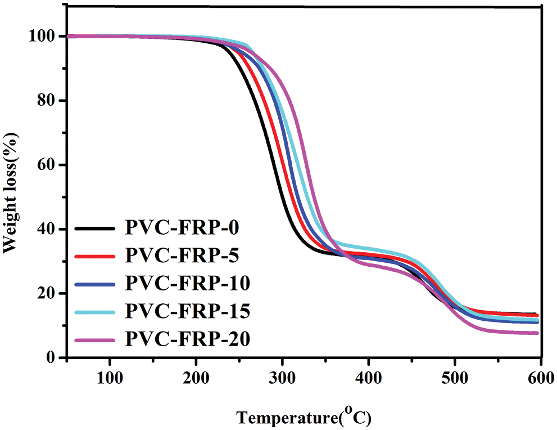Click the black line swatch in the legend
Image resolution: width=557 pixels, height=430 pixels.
coord(96,229)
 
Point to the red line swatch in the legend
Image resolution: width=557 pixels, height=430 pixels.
coord(96,257)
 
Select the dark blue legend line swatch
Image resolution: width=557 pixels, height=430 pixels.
coord(96,284)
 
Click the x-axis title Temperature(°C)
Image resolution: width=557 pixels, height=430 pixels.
coord(304,417)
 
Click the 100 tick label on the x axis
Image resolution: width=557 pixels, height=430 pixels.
coord(110,377)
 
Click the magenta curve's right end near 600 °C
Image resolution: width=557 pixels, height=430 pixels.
coord(537,333)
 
